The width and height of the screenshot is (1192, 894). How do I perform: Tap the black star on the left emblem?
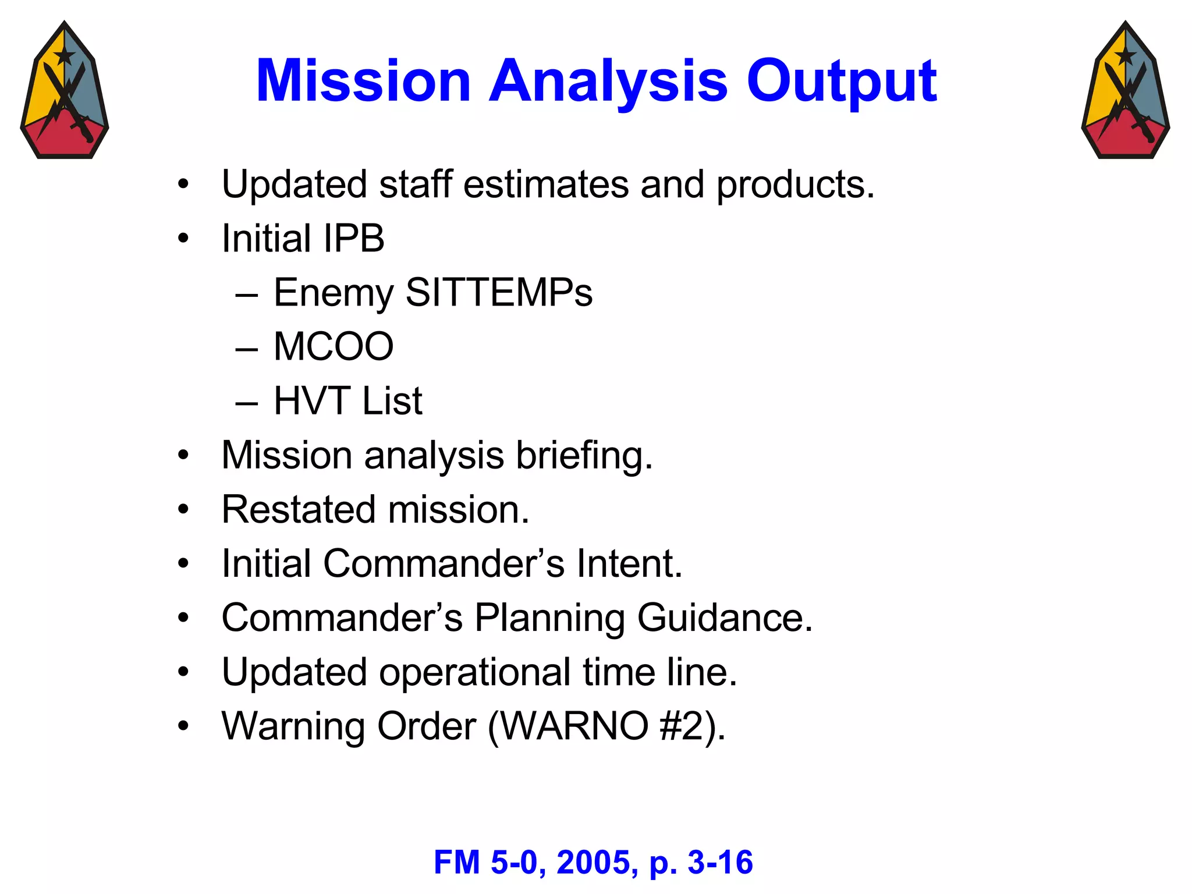pos(64,56)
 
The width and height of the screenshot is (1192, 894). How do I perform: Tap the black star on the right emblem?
pos(1125,56)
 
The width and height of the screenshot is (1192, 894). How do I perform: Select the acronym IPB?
pos(353,239)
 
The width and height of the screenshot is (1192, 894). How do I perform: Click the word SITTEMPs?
pos(499,292)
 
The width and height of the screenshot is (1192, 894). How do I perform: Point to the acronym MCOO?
pos(334,347)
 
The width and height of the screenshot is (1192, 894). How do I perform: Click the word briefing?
pos(584,455)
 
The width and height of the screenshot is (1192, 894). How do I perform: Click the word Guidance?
pos(724,618)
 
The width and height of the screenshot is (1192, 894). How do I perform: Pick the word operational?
pos(474,672)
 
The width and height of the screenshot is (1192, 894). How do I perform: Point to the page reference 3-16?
pos(720,863)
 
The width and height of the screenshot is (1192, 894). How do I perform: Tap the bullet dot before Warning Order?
pos(183,726)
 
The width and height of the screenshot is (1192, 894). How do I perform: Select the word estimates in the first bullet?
pos(545,185)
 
